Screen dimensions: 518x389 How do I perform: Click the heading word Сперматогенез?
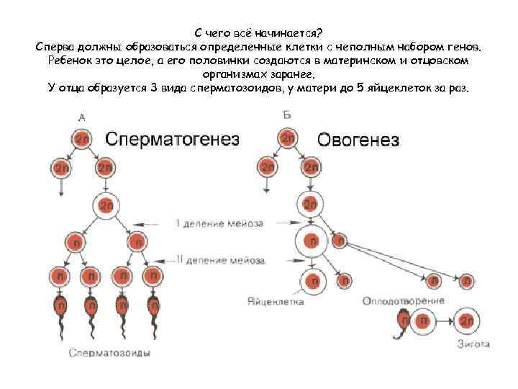pos(173,139)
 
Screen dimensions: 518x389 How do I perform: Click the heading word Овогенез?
pos(358,140)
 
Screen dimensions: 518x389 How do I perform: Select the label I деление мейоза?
pos(219,223)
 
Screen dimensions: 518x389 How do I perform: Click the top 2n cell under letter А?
pos(81,138)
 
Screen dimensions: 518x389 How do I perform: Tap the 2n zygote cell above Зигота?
pos(466,319)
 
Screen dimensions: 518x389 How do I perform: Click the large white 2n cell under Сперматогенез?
pos(106,205)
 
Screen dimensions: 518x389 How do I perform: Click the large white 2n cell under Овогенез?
pos(309,205)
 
